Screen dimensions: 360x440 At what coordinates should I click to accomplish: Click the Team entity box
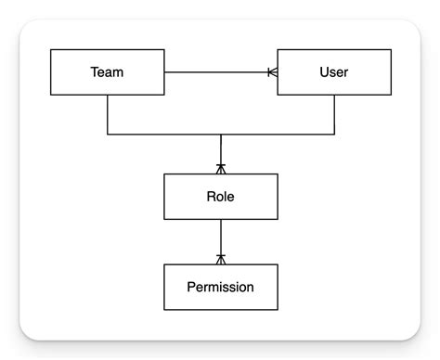(108, 71)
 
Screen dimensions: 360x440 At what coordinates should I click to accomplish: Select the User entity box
(333, 71)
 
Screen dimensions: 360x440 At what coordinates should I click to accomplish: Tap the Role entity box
(220, 196)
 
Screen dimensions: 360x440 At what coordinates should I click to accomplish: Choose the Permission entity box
(220, 287)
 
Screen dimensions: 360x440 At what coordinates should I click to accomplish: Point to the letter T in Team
(95, 71)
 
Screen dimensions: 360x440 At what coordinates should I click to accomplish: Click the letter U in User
(322, 71)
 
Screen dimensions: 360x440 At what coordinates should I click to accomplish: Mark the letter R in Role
(210, 196)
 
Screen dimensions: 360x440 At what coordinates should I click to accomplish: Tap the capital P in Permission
(191, 287)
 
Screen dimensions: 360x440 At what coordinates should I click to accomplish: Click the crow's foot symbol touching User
(272, 71)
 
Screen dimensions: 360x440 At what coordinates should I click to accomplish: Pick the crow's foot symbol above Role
(220, 168)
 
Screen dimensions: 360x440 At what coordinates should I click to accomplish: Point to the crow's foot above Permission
(220, 259)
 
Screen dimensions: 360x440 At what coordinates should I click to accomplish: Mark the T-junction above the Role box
(220, 135)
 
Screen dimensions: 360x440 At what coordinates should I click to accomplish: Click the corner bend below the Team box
(108, 135)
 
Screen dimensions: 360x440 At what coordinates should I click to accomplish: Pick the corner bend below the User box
(333, 135)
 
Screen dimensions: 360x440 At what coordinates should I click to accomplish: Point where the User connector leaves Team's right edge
(165, 71)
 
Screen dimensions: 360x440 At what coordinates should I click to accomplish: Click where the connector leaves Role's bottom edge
(220, 220)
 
